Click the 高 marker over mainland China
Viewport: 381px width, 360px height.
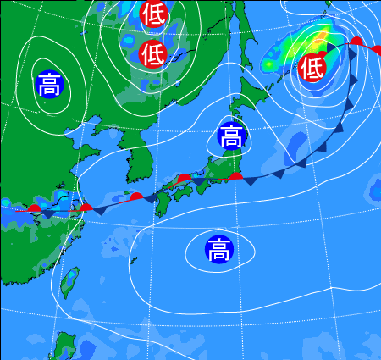point(49,84)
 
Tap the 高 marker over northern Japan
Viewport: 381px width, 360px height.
point(230,136)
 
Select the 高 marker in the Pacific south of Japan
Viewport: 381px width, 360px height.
point(218,249)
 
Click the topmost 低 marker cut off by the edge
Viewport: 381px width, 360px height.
point(153,13)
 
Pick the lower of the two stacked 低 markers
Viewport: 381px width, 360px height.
point(153,54)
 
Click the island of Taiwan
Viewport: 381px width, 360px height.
point(71,283)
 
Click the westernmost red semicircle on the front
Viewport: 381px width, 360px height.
point(35,208)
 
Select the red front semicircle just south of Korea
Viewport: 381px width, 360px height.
point(135,197)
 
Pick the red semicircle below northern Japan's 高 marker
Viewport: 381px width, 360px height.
point(237,176)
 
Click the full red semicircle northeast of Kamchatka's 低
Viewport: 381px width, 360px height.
point(356,41)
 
